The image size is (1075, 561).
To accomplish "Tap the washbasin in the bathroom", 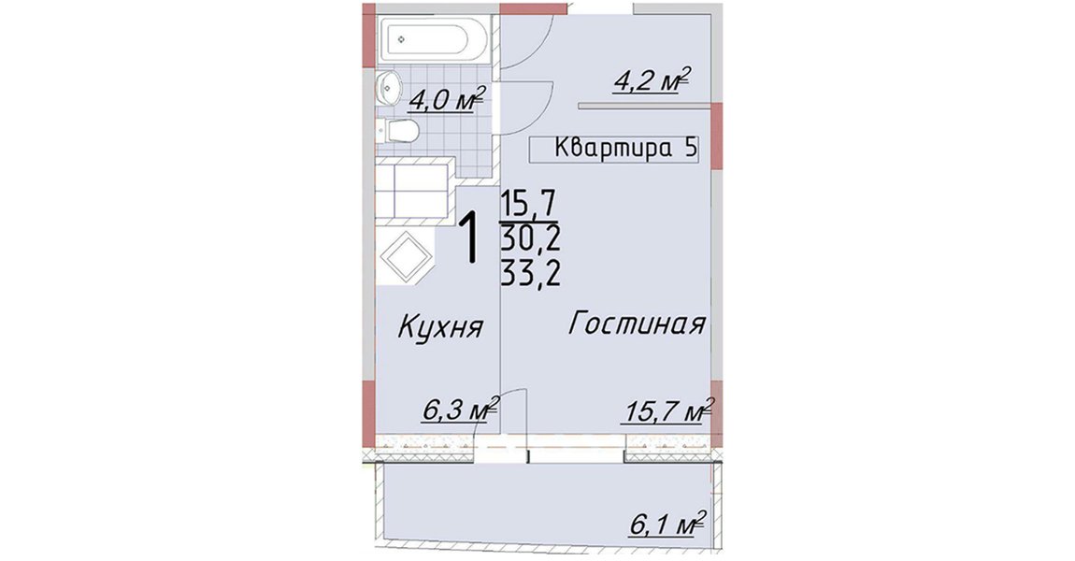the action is (x=388, y=88).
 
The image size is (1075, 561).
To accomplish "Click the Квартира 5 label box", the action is (x=613, y=149).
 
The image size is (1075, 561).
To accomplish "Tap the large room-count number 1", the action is (x=469, y=238).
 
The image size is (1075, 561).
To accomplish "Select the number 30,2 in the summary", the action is (x=531, y=238).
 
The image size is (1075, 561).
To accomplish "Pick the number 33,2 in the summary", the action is (x=531, y=274).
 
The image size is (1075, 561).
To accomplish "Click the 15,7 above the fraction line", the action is (x=529, y=204).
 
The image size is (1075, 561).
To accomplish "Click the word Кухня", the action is (x=441, y=326).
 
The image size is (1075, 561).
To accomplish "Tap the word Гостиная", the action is (x=637, y=324).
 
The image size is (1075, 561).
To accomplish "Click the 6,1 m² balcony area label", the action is (x=667, y=525).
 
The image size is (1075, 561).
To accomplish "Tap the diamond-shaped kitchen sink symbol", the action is (x=406, y=257).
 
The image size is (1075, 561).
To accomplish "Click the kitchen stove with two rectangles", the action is (x=413, y=189).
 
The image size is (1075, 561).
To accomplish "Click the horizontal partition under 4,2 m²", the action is (x=643, y=106).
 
